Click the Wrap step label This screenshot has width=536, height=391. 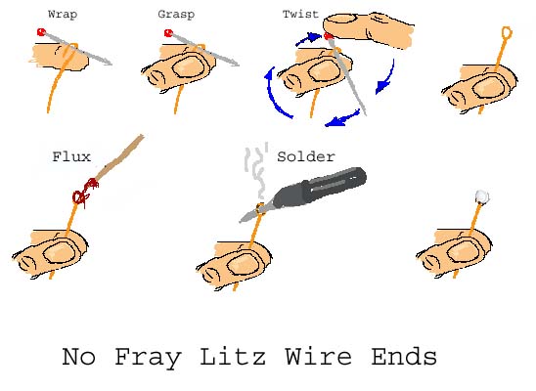pos(63,15)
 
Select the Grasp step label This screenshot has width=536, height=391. pos(176,15)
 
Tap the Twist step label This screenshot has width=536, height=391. pos(300,14)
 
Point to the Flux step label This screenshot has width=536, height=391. pos(71,156)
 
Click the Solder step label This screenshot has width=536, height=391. pos(306,156)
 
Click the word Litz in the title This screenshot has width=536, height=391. pos(233,356)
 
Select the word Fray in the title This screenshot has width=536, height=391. pos(148,358)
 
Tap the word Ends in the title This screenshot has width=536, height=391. pos(404,356)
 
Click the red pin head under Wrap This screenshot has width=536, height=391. pos(41,32)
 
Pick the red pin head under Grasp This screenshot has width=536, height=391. pos(168,33)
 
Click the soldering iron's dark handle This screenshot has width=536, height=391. pos(334,184)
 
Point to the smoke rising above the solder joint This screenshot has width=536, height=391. pos(256,171)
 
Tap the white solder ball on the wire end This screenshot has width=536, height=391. pos(481,196)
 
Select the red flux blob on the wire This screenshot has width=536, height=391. pos(85,194)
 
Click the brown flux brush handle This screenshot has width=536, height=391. pos(119,156)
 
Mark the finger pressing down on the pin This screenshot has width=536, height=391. pos(369,29)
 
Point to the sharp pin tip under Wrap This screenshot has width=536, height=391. pos(111,64)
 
